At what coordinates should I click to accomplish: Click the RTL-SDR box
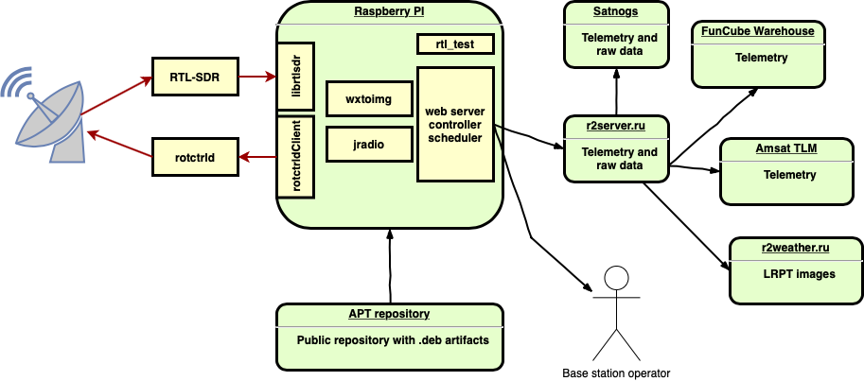coord(194,76)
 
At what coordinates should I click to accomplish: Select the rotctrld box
coord(194,156)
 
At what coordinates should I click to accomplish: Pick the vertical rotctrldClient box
coord(296,157)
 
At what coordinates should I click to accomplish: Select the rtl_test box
coord(454,44)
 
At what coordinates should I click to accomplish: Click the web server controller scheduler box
coord(454,124)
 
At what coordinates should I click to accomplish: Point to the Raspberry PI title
coord(389,11)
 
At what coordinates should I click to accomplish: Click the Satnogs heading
coord(616,11)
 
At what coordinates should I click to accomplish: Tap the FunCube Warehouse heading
coord(757,31)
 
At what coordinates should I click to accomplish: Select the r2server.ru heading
coord(616,125)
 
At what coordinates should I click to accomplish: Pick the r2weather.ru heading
coord(795,248)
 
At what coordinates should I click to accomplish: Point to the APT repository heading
coord(389,314)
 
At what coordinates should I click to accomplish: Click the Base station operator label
coord(616,373)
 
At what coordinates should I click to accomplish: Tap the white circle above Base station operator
coord(616,278)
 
